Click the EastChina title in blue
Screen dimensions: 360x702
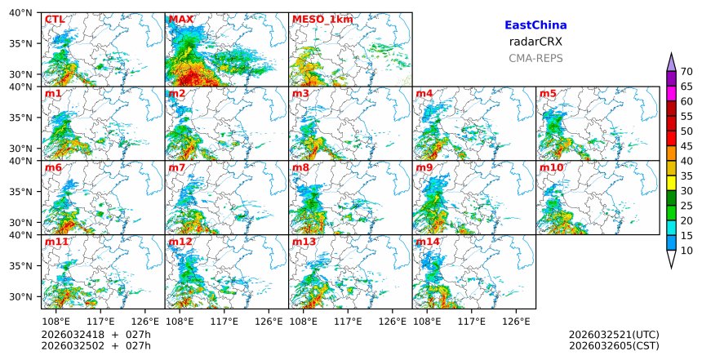[535, 25]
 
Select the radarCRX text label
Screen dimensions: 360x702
[535, 42]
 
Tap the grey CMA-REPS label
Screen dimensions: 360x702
[535, 58]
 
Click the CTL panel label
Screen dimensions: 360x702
[55, 20]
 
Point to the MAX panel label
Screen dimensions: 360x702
[180, 20]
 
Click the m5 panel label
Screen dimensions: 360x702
[548, 94]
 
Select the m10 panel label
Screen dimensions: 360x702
[551, 167]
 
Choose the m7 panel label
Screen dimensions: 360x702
[177, 167]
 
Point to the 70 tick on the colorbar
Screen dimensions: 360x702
[686, 72]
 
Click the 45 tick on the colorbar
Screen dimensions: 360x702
[686, 146]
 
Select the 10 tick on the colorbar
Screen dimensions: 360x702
[686, 251]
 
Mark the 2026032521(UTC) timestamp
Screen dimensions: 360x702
[614, 335]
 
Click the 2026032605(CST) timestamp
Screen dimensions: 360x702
[614, 345]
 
